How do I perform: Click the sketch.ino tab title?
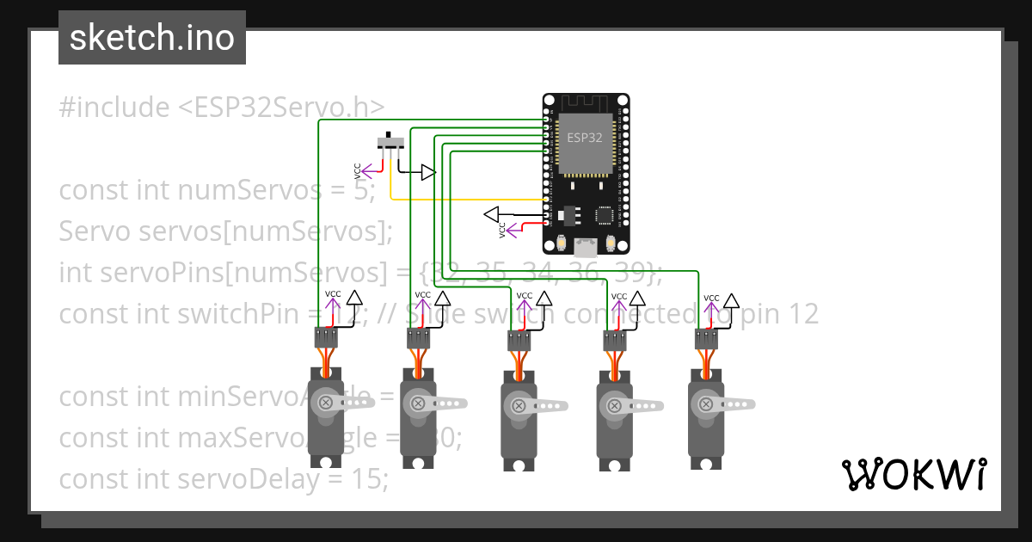click(152, 38)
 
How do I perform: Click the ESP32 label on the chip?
click(584, 137)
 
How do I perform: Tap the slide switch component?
click(392, 142)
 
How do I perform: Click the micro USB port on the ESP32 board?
click(586, 248)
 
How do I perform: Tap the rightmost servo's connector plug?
click(707, 338)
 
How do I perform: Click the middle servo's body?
click(518, 430)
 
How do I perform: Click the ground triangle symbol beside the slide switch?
click(427, 173)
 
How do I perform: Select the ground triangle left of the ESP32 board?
click(492, 213)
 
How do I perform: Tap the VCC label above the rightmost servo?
click(711, 299)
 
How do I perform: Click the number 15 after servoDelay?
click(366, 479)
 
